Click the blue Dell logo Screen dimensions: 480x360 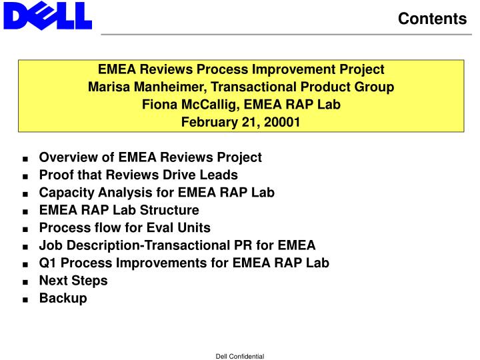pyautogui.click(x=48, y=16)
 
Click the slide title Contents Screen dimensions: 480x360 pyautogui.click(x=432, y=19)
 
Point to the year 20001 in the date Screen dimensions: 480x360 pyautogui.click(x=281, y=122)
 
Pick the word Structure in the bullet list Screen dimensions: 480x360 pyautogui.click(x=169, y=210)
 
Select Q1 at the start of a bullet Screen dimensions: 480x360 pyautogui.click(x=47, y=263)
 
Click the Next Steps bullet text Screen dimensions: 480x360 pyautogui.click(x=73, y=281)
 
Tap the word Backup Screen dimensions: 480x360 pyautogui.click(x=63, y=299)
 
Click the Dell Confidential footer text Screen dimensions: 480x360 pyautogui.click(x=240, y=356)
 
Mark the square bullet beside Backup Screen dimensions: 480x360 pyautogui.click(x=25, y=299)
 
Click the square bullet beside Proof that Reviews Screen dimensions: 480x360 pyautogui.click(x=25, y=176)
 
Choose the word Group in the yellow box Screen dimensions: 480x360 pyautogui.click(x=374, y=87)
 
